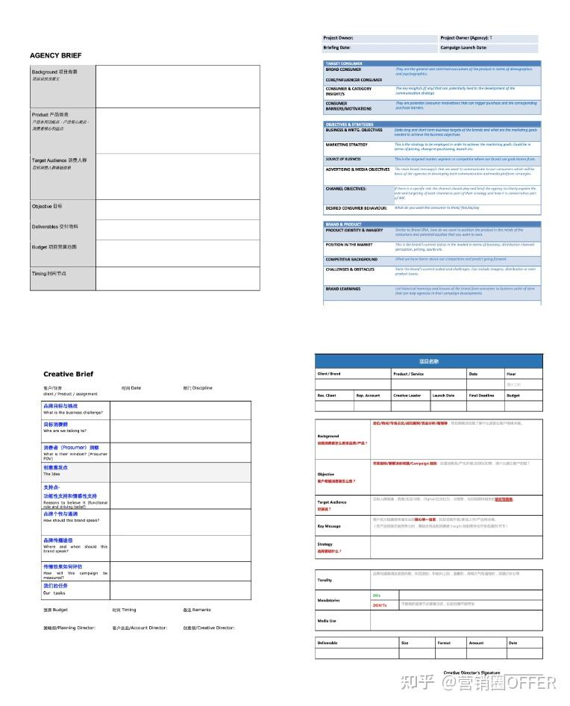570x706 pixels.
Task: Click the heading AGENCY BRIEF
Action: click(x=56, y=55)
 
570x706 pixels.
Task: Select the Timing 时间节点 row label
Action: click(x=49, y=274)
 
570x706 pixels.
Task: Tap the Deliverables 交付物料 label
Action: click(x=54, y=226)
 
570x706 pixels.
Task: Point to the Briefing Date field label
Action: click(x=336, y=47)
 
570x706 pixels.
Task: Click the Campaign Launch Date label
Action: click(x=463, y=47)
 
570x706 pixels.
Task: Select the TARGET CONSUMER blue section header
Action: click(x=344, y=63)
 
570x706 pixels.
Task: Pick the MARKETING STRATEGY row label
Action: click(x=346, y=144)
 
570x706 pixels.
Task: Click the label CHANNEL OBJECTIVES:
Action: click(x=345, y=189)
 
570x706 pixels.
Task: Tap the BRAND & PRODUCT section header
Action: click(x=344, y=224)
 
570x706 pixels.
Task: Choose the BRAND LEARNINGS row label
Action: click(x=342, y=289)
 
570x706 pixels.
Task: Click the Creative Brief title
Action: click(x=69, y=374)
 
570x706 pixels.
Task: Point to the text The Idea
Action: click(x=51, y=474)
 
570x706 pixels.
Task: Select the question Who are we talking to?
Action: click(x=65, y=431)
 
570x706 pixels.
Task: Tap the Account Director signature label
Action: click(x=140, y=628)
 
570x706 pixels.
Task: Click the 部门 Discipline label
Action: click(x=198, y=388)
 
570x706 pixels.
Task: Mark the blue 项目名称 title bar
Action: click(x=428, y=361)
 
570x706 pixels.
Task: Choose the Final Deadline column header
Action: click(x=481, y=396)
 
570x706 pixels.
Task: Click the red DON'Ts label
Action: click(x=380, y=605)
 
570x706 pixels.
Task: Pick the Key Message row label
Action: click(x=329, y=526)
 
